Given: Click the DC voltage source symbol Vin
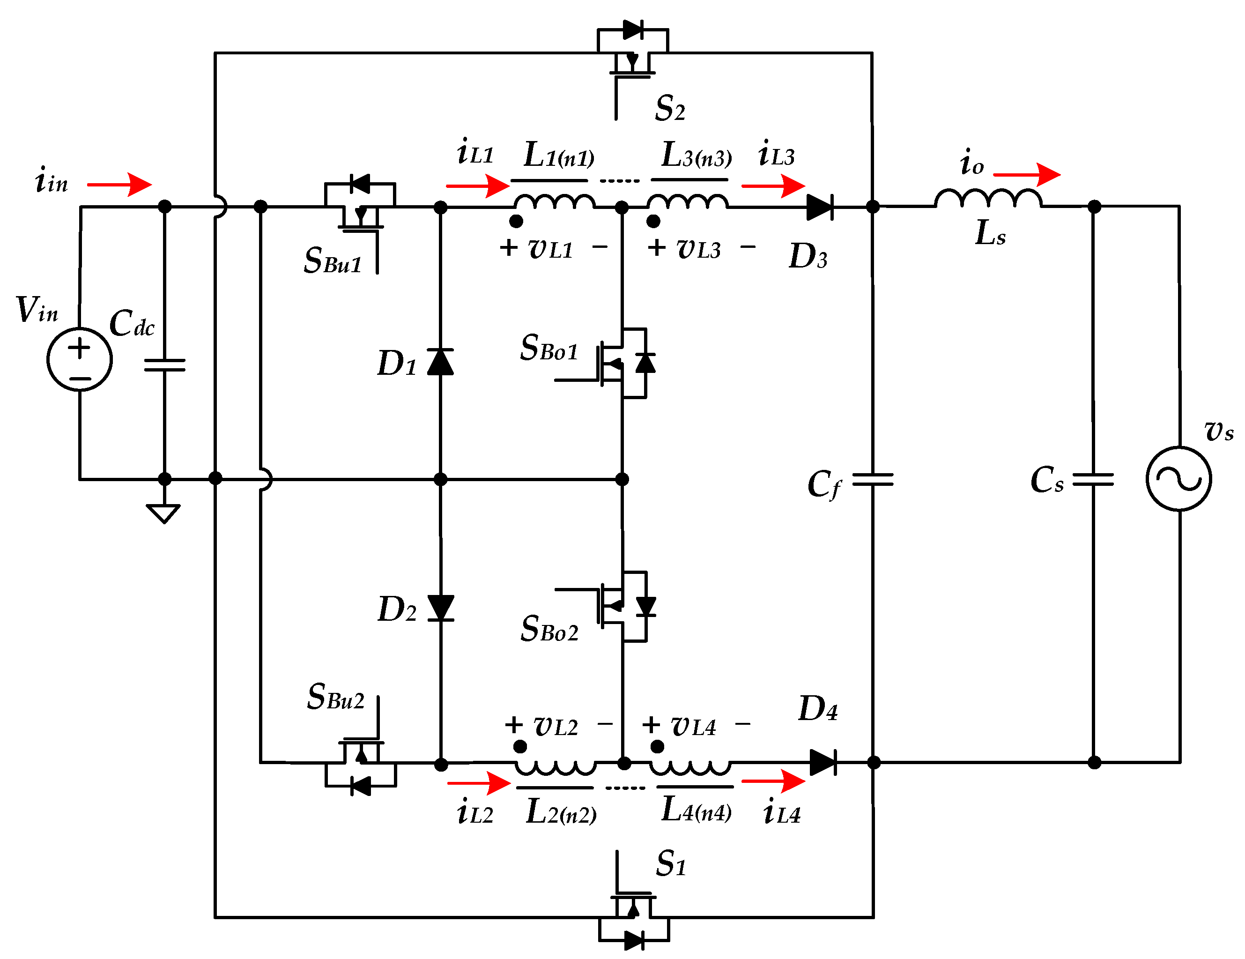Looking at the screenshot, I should coord(79,359).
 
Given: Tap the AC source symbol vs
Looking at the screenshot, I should coord(1178,478).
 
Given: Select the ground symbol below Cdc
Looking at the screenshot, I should coord(163,513).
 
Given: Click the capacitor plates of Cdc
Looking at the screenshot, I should coord(165,365).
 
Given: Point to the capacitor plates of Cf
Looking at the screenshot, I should coord(872,480).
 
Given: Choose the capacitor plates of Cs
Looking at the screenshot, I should coord(1093,480).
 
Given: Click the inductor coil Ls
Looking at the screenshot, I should coord(988,199).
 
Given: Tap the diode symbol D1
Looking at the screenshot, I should coord(440,362).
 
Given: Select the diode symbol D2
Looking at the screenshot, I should coord(440,608).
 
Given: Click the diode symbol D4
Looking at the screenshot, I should coord(823,762).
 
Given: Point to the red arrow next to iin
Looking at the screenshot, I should coord(120,185).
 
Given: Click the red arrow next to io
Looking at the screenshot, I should coord(1027,174).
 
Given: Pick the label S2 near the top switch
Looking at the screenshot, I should coord(670,108).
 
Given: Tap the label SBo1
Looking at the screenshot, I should coord(549,348).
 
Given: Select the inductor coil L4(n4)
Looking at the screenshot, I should coord(690,768).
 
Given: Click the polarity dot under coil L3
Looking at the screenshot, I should coord(653,221).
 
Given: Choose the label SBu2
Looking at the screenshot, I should coord(335,697).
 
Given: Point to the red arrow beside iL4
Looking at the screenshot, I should coord(773,781).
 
